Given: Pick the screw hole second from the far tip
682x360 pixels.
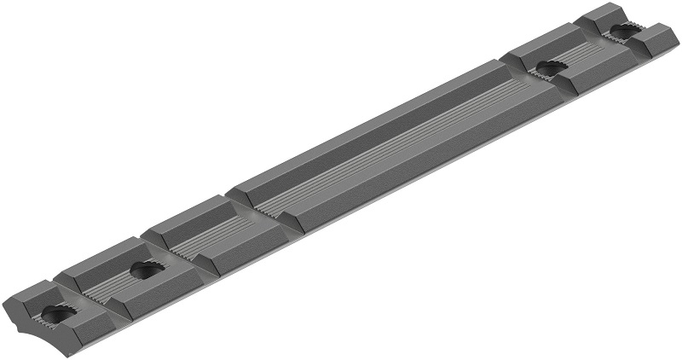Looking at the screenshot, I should click(x=545, y=67).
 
